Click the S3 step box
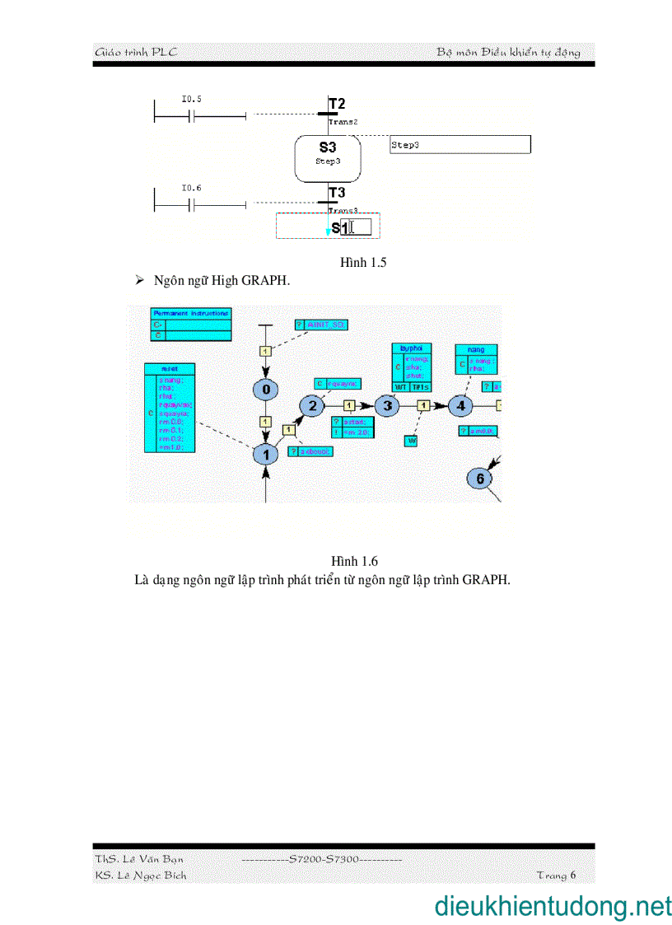tap(328, 157)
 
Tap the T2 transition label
tap(337, 104)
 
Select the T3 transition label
tap(337, 193)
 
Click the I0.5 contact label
tap(191, 99)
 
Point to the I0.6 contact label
tap(191, 188)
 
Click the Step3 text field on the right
tap(460, 145)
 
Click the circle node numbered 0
tap(265, 390)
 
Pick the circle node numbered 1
tap(266, 454)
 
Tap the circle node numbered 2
tap(311, 405)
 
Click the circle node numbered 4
tap(460, 405)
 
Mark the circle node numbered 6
tap(479, 478)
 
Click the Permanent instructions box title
tap(191, 314)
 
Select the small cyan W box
tap(411, 441)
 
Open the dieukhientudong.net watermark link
tap(553, 906)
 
